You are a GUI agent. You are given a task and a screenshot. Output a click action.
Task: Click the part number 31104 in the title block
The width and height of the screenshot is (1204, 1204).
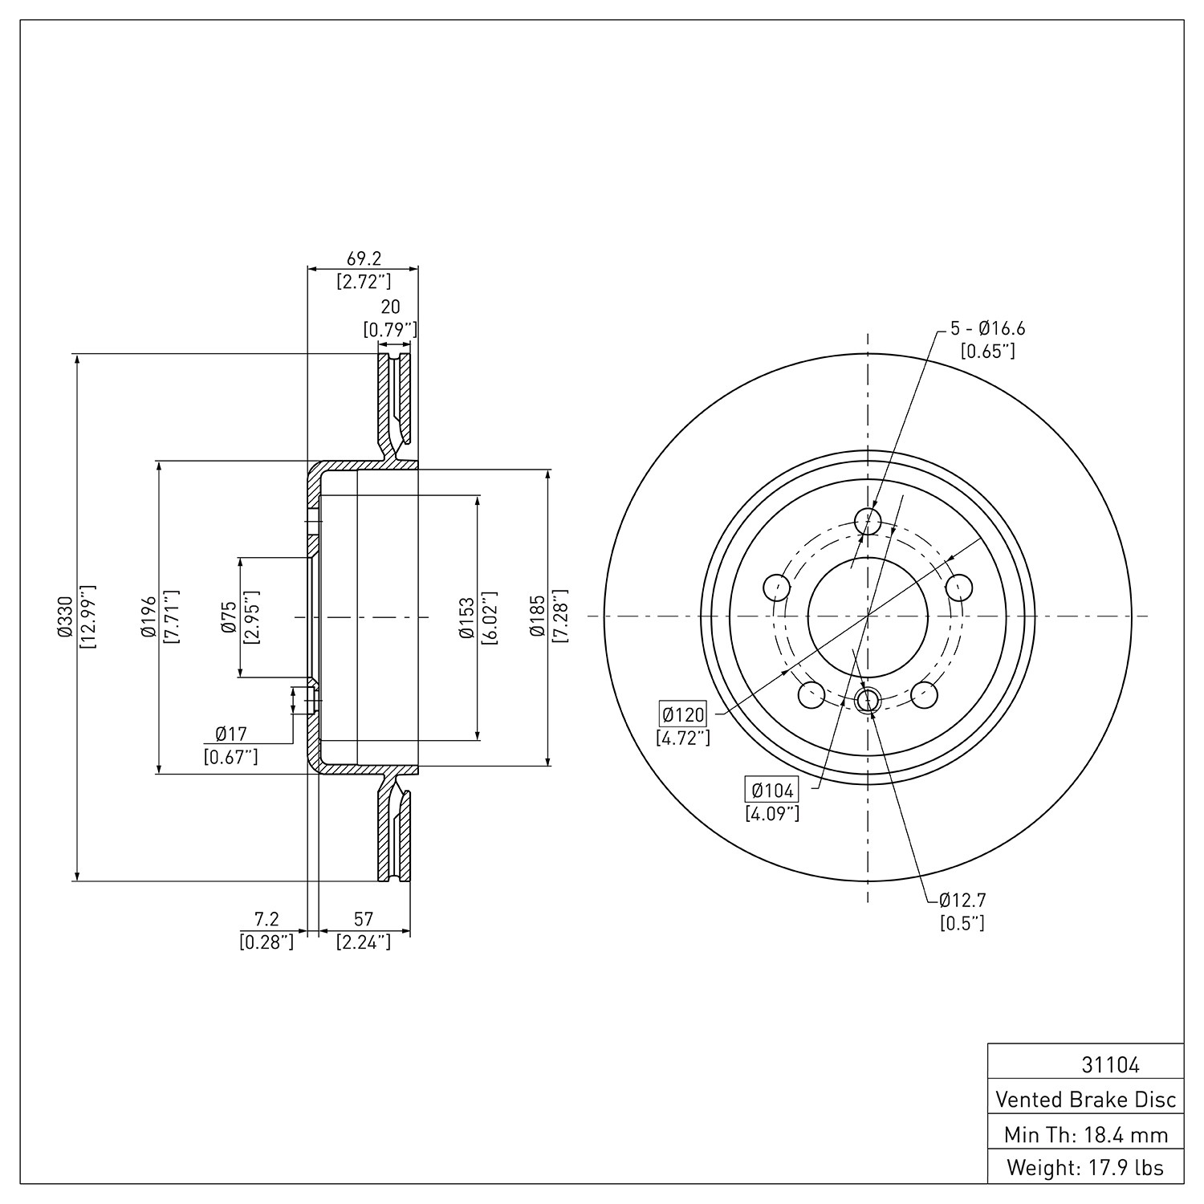pos(1110,1065)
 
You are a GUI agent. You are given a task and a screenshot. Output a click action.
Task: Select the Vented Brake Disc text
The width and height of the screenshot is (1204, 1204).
pos(1085,1100)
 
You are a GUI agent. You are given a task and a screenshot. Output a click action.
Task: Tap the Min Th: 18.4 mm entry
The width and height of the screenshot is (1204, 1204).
pos(1085,1135)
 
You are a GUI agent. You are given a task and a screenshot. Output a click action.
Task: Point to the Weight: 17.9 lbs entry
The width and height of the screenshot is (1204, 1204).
pos(1085,1168)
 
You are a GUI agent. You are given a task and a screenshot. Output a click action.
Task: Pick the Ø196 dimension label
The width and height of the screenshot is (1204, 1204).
pos(147,617)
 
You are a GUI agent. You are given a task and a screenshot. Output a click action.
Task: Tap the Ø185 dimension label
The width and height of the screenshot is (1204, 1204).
pos(536,617)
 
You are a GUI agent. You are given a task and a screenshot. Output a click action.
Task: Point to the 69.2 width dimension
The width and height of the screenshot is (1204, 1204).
pos(364,258)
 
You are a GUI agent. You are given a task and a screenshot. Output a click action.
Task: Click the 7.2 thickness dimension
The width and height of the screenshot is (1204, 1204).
pos(266,918)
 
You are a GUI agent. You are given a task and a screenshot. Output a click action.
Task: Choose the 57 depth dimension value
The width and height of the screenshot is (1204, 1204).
pos(364,918)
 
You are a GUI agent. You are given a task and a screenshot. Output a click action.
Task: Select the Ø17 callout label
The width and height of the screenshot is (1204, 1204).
pos(231,733)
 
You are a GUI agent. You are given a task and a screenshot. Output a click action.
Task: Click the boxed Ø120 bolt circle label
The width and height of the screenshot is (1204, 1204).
pos(683,713)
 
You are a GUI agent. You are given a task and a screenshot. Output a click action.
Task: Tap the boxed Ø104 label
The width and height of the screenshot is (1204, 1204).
pos(771,791)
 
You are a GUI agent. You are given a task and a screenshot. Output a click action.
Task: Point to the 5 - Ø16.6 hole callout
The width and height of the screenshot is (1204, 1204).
pos(988,328)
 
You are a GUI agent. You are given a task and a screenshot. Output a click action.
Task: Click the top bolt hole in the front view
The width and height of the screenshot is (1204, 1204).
pos(868,521)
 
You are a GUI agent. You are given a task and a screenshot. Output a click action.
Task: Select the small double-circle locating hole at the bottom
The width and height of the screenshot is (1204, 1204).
pos(868,701)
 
